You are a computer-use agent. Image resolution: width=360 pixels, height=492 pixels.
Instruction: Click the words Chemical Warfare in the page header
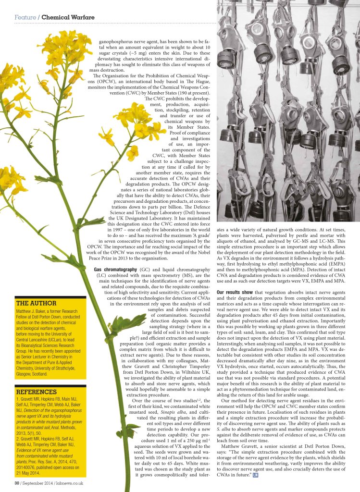pyautogui.click(x=68, y=17)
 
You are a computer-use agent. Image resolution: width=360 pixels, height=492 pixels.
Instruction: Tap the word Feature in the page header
pyautogui.click(x=25, y=17)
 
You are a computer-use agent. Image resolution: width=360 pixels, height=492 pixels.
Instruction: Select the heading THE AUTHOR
pyautogui.click(x=36, y=304)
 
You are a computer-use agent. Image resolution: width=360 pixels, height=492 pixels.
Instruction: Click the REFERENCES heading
pyautogui.click(x=39, y=392)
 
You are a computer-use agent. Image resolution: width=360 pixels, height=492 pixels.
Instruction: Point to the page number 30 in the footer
pyautogui.click(x=16, y=483)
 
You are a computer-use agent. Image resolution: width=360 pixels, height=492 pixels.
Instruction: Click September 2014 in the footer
pyautogui.click(x=40, y=483)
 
